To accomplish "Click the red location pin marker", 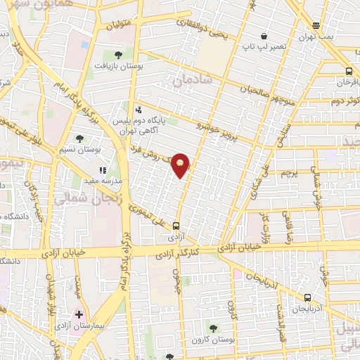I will [x=181, y=166].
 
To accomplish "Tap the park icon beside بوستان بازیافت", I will [x=117, y=54].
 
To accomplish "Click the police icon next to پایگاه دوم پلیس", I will [x=139, y=110].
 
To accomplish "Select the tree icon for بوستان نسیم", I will [x=78, y=139].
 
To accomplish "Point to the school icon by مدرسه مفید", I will [x=103, y=169].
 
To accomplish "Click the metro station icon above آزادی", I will [x=176, y=226].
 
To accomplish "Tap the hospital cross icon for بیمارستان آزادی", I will [x=79, y=314].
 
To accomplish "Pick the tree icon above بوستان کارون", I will [x=213, y=328].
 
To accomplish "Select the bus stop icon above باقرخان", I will [x=349, y=70].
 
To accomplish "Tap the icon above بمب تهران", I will [x=317, y=25].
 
